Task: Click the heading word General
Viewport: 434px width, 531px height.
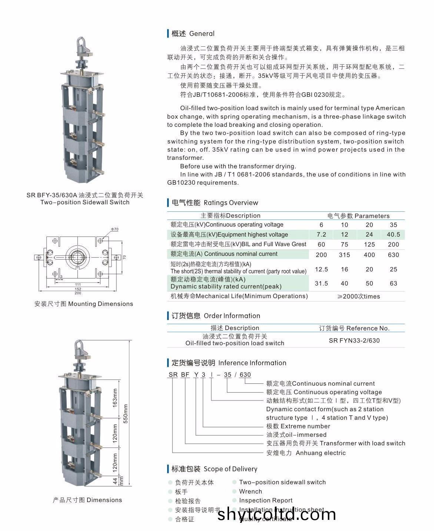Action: (202, 34)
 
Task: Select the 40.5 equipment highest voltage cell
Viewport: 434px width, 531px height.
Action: (393, 235)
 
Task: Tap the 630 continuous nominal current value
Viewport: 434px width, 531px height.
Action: (393, 255)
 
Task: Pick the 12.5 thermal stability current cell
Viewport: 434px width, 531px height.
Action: (321, 270)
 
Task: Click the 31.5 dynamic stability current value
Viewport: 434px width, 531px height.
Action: (321, 284)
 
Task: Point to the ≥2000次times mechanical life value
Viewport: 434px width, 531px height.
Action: (358, 297)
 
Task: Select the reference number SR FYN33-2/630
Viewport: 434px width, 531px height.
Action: (354, 341)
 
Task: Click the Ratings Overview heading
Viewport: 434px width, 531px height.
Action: (231, 203)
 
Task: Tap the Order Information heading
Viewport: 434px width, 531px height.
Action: (232, 316)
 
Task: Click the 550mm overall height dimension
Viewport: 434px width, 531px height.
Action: (126, 413)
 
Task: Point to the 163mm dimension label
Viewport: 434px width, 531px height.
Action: (115, 398)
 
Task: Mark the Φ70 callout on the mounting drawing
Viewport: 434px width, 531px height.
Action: (115, 229)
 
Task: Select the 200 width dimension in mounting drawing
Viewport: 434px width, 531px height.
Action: (78, 293)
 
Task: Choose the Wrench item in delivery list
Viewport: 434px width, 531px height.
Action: (250, 492)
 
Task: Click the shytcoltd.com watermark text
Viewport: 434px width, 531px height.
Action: (276, 514)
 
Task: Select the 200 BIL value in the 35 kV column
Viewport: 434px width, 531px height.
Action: (393, 245)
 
